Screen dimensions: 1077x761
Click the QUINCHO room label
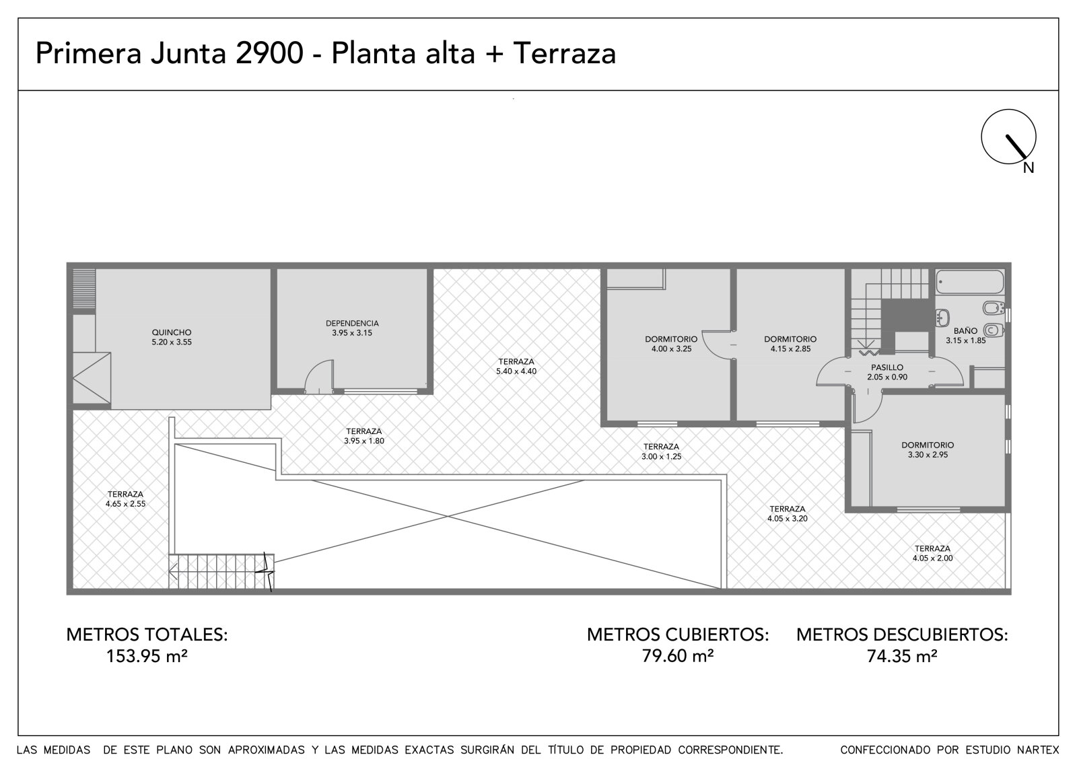click(172, 332)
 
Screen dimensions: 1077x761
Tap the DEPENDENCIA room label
click(352, 324)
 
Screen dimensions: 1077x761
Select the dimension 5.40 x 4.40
click(516, 371)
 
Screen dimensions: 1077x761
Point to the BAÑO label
click(965, 331)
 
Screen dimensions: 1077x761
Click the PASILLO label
click(887, 367)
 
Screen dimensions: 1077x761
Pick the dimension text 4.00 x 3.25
click(671, 349)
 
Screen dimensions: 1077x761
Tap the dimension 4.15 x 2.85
click(790, 349)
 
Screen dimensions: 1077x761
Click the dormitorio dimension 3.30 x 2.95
click(928, 455)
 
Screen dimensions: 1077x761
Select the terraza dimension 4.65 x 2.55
click(125, 504)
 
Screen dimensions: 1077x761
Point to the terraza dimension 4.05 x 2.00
click(932, 558)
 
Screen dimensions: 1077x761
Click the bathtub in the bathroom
click(970, 282)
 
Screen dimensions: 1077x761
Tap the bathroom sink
click(942, 318)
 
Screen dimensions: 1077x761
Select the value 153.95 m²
click(147, 656)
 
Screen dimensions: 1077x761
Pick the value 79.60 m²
click(678, 656)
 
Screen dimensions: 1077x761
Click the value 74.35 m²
click(902, 656)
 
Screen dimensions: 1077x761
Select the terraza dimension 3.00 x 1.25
click(661, 457)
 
